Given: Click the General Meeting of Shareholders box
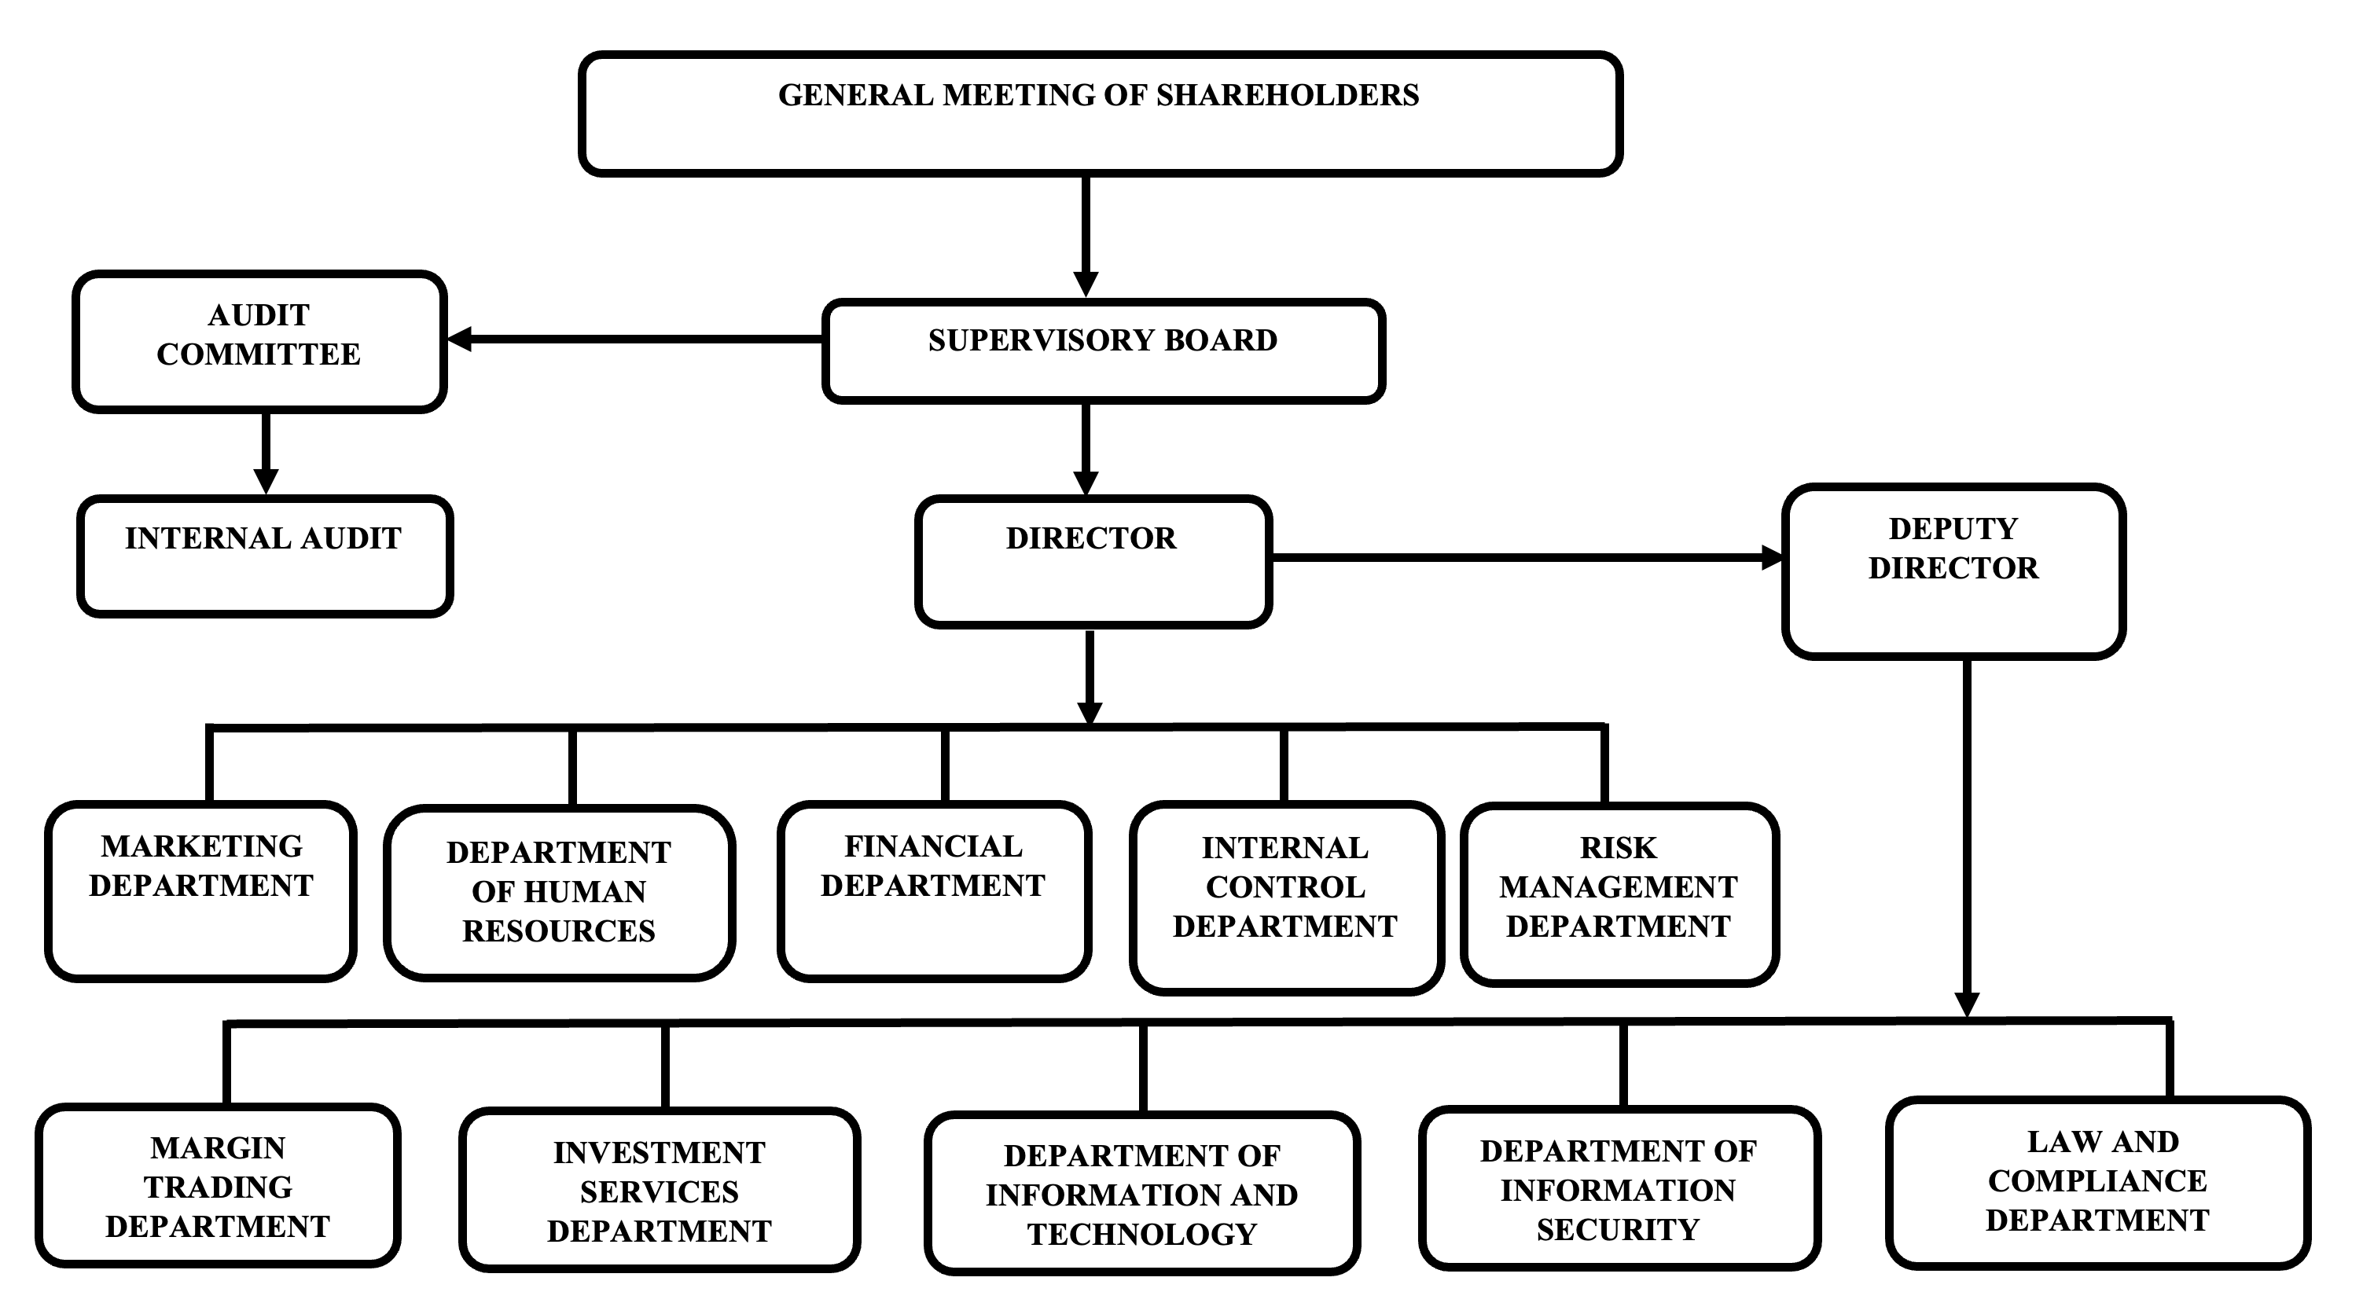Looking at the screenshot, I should (1099, 114).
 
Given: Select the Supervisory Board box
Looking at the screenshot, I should (1103, 351).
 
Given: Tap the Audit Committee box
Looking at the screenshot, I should (259, 341).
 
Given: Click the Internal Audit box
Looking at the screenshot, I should (265, 556).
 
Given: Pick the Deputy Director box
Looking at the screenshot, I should (1953, 571).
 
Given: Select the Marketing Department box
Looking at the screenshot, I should (201, 890).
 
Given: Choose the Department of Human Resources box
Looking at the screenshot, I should (560, 892).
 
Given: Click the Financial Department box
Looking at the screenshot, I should (934, 890).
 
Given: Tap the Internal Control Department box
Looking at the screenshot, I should (1285, 896).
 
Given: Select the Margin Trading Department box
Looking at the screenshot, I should (218, 1186).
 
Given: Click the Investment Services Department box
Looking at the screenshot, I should (660, 1190).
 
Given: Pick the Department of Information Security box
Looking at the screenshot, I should (1619, 1188).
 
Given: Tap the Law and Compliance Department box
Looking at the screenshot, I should (2098, 1183).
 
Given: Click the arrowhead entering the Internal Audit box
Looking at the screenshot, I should (266, 482).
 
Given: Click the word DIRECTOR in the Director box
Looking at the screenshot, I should (1090, 538).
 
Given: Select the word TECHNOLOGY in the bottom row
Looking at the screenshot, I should (1142, 1234).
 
